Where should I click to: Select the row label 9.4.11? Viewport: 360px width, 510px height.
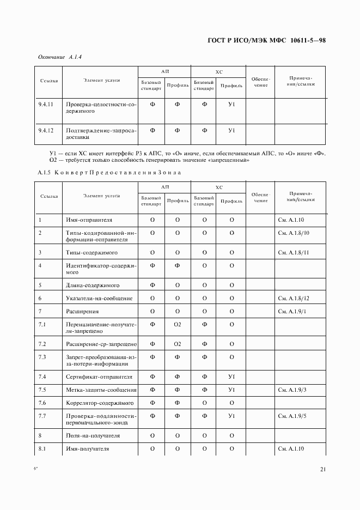point(46,104)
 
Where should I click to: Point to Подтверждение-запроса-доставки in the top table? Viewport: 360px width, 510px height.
point(100,133)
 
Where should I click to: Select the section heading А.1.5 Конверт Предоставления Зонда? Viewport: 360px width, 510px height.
point(109,173)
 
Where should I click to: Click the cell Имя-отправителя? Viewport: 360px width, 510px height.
point(89,220)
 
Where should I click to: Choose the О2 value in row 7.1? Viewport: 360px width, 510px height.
point(177,324)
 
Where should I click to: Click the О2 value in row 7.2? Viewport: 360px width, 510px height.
point(177,344)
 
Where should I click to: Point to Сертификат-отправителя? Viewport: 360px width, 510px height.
point(99,377)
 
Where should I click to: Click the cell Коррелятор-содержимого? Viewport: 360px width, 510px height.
point(100,403)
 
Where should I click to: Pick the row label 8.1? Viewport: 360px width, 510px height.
point(42,448)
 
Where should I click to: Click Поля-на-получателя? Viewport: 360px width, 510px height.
point(93,435)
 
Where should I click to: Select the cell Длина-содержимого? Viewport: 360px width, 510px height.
point(93,285)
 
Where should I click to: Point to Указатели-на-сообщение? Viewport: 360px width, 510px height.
point(99,298)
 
